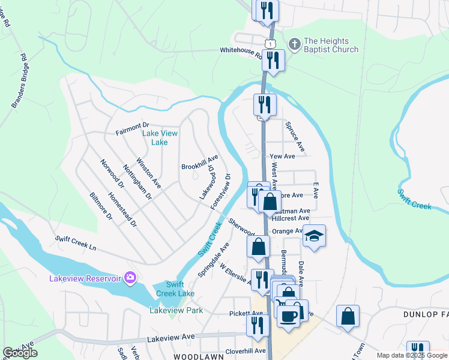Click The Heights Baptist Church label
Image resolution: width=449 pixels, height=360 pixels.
coord(331,46)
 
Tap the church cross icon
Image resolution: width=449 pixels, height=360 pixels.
coord(294,44)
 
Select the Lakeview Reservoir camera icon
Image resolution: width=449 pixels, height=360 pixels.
coord(129,277)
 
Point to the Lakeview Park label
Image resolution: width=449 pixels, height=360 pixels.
coord(176,310)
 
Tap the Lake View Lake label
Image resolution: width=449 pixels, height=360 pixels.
coord(160,138)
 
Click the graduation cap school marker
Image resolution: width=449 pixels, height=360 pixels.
coord(314,236)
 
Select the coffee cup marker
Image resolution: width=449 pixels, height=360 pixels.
coord(289,316)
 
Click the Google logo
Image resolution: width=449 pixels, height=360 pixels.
coord(20,353)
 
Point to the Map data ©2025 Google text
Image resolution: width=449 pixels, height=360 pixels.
coord(411,355)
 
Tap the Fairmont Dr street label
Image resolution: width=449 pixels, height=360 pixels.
coord(131,128)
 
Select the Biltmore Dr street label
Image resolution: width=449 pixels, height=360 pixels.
coord(101,206)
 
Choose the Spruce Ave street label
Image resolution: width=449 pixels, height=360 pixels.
coord(295,137)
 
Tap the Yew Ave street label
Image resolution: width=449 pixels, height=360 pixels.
coord(282,156)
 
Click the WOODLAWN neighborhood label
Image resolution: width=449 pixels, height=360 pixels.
coord(198,356)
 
